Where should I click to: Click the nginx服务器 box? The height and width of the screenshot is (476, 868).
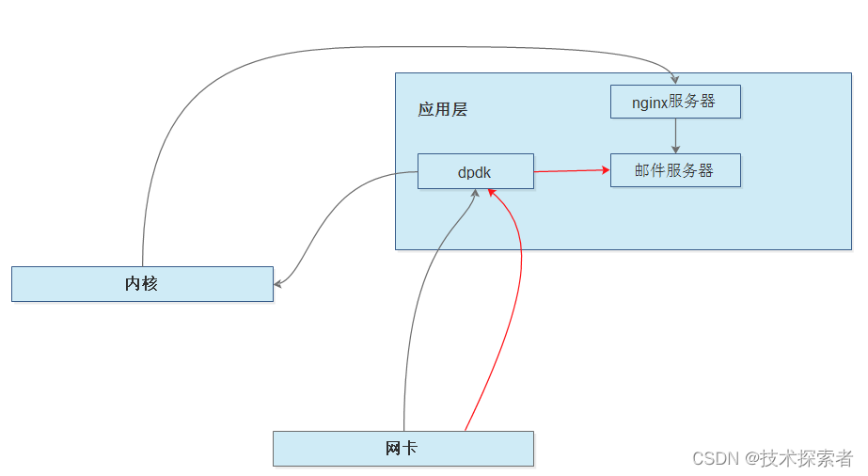675,102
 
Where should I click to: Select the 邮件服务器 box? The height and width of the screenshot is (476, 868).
675,170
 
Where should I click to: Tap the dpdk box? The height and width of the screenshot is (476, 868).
475,172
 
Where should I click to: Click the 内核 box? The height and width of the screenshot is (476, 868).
142,283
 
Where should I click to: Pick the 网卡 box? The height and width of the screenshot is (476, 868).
402,448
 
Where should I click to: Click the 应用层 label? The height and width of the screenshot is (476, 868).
442,109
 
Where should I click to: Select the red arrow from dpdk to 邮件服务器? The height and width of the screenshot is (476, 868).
569,170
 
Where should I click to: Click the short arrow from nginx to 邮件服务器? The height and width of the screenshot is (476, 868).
675,135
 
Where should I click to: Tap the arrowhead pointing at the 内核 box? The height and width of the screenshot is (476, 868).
278,282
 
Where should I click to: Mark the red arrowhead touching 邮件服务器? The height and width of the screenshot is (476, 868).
605,169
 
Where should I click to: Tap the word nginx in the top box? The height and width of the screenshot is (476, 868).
651,102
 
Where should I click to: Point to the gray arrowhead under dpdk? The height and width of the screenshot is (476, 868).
476,194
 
